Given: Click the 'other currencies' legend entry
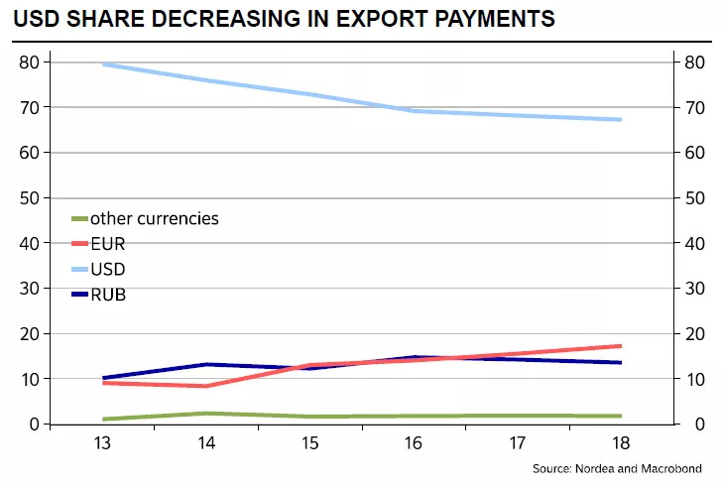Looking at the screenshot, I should click(154, 218).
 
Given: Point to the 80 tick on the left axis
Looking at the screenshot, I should click(30, 62).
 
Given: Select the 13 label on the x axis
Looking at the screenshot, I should click(103, 443).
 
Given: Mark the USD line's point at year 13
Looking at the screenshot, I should click(103, 64).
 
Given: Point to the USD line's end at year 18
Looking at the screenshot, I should click(621, 120).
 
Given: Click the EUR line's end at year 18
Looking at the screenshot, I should click(621, 346).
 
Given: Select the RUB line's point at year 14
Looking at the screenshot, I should click(206, 364).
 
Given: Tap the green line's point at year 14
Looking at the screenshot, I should click(206, 413).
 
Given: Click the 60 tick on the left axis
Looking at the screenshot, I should click(30, 153).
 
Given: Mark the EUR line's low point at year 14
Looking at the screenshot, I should click(206, 386).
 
